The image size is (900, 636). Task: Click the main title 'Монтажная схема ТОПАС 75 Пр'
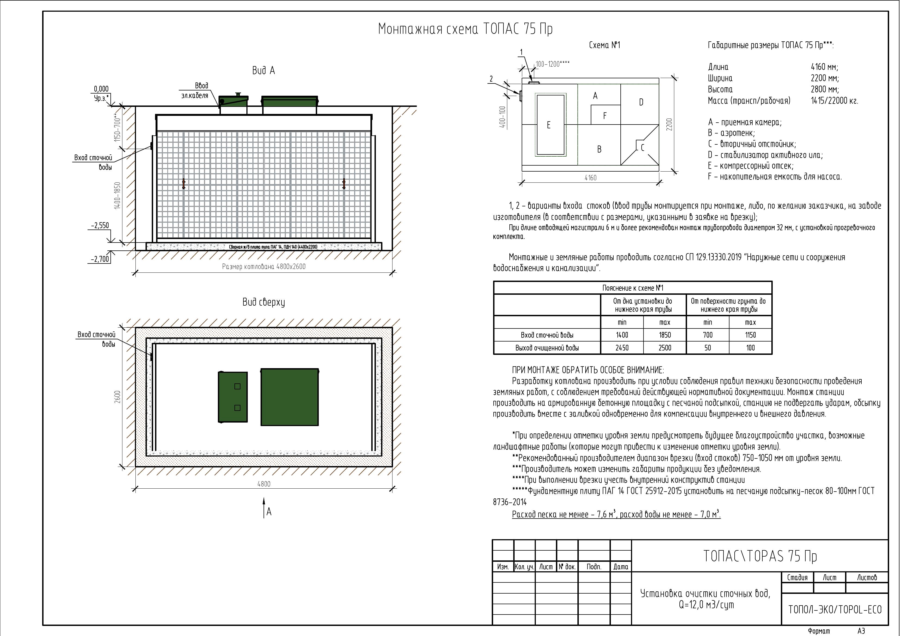pos(465,29)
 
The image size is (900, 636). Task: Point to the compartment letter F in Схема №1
pos(605,116)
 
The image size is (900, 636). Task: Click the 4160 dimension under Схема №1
pos(590,178)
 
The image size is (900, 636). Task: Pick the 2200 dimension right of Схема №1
pos(670,125)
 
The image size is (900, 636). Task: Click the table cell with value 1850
pos(665,335)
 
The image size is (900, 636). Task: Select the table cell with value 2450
pos(622,348)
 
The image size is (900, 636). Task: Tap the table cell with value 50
pos(707,348)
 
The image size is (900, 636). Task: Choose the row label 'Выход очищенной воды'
pos(547,348)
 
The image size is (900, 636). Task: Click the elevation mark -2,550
pos(100,226)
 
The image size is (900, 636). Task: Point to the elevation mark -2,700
pos(100,259)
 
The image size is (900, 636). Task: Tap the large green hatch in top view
pos(290,397)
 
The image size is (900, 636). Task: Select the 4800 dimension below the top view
pos(264,484)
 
